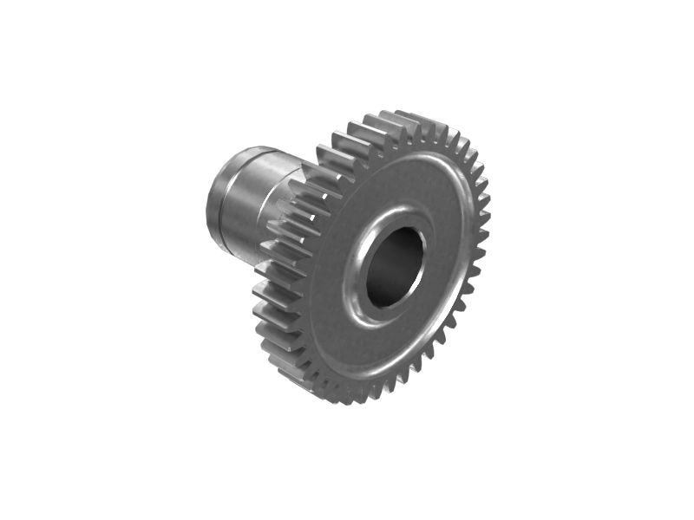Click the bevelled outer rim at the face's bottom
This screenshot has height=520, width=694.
tap(364, 378)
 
